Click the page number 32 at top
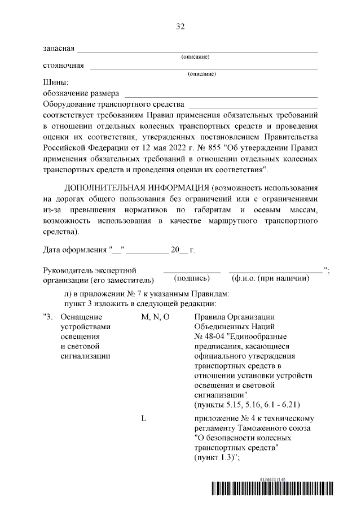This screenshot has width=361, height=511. coord(180,27)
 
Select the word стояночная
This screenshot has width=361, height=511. coord(63,65)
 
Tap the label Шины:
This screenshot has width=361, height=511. coord(55,82)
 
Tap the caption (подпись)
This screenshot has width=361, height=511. coord(192,278)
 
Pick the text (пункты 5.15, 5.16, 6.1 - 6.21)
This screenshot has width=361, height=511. coord(246,405)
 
